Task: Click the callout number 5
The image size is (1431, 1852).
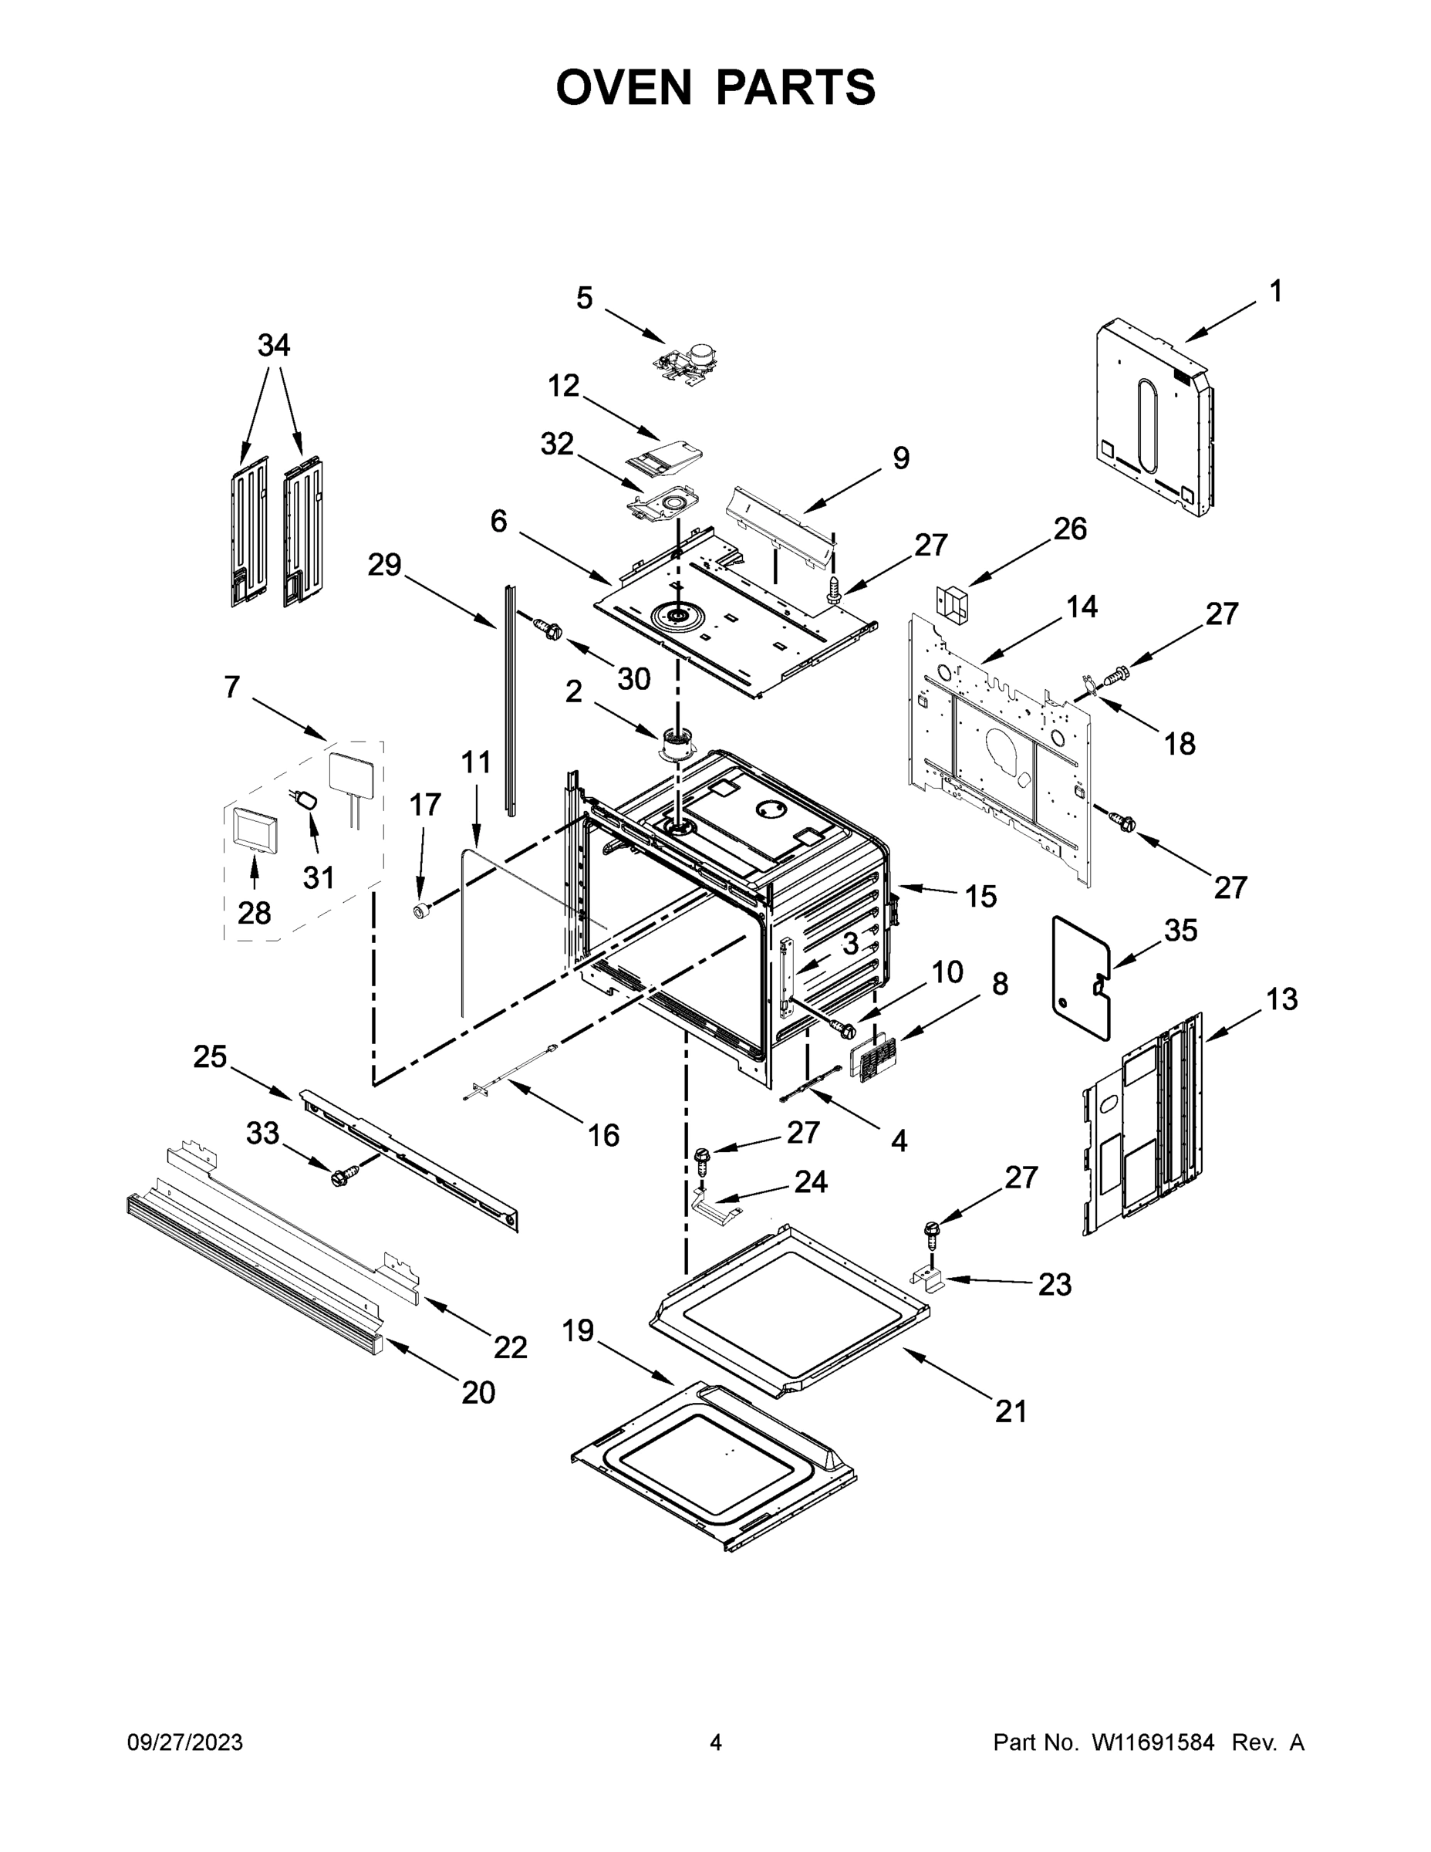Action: coord(584,299)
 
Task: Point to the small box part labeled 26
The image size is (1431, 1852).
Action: coord(952,603)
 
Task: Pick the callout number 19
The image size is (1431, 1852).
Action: coord(578,1330)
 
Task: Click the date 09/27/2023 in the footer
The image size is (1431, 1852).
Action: coord(185,1742)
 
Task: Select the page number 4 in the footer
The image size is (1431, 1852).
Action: coord(716,1742)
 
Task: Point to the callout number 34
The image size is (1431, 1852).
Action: coord(274,345)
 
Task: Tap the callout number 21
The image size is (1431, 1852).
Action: coord(1011,1411)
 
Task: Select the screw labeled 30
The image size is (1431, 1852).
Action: coord(548,629)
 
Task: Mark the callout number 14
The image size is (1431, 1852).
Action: coord(1082,607)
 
